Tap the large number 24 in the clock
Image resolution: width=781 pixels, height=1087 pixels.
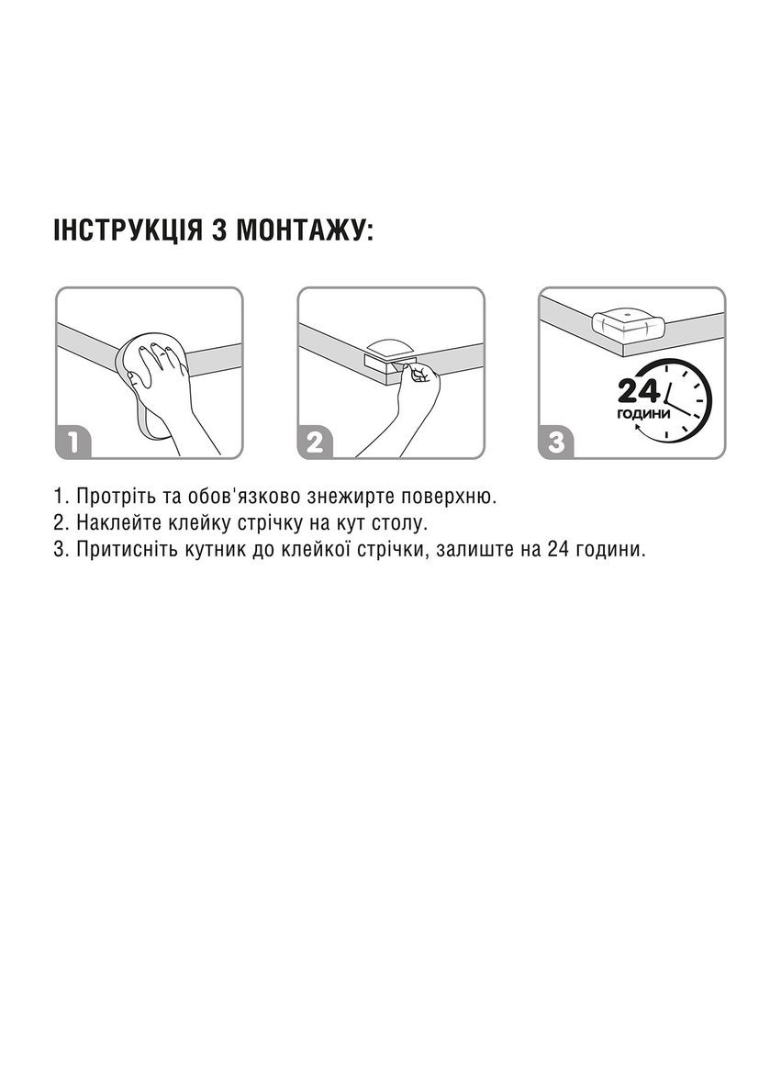tap(639, 392)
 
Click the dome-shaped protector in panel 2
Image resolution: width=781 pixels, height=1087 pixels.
tap(390, 347)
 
